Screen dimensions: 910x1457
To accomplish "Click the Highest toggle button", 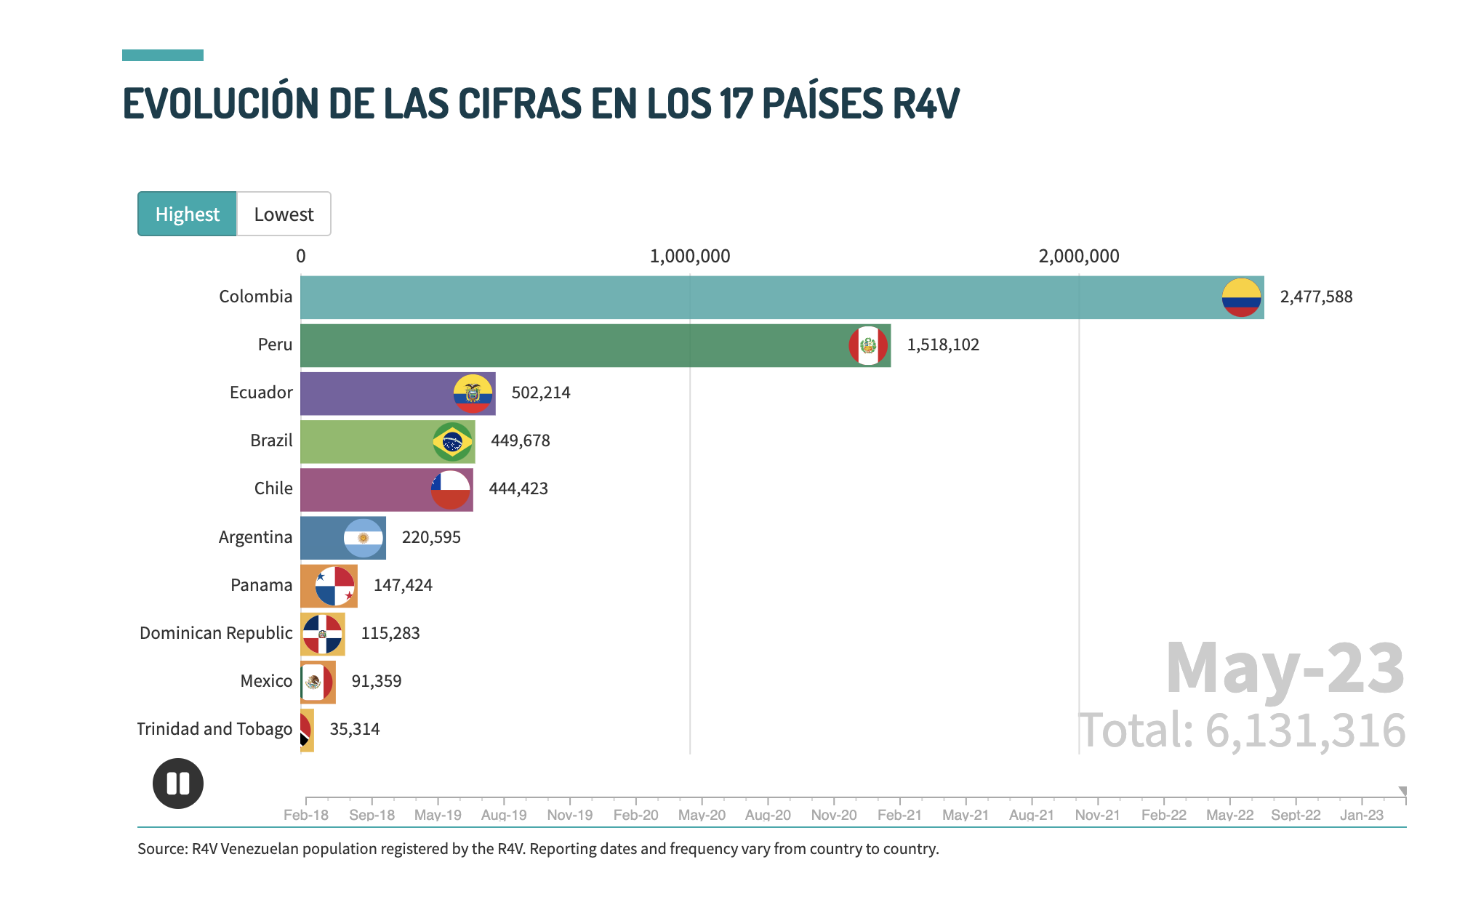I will [187, 214].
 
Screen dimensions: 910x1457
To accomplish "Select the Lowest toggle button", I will [284, 214].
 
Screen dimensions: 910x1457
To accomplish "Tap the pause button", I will [178, 784].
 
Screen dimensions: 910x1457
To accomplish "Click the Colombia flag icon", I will [1241, 297].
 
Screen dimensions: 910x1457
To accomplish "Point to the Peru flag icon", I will [868, 345].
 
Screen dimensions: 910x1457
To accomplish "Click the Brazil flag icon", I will [452, 441].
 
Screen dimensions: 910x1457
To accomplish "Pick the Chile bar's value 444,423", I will [518, 488].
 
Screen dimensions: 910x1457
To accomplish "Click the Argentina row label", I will [255, 537].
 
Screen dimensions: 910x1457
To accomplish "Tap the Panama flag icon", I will [335, 585].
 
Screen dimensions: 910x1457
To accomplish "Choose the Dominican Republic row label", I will [216, 633].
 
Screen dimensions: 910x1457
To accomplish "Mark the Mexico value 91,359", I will [377, 681].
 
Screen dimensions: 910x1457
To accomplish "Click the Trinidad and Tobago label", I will [214, 729].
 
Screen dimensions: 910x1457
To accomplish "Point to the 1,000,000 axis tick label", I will [690, 256].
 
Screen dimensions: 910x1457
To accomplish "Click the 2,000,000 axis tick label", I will [1079, 256].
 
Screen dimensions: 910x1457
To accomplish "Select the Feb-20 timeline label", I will [635, 815].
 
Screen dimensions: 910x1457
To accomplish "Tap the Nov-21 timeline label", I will [1097, 815].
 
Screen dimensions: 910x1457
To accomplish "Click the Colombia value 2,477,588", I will [1316, 297].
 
